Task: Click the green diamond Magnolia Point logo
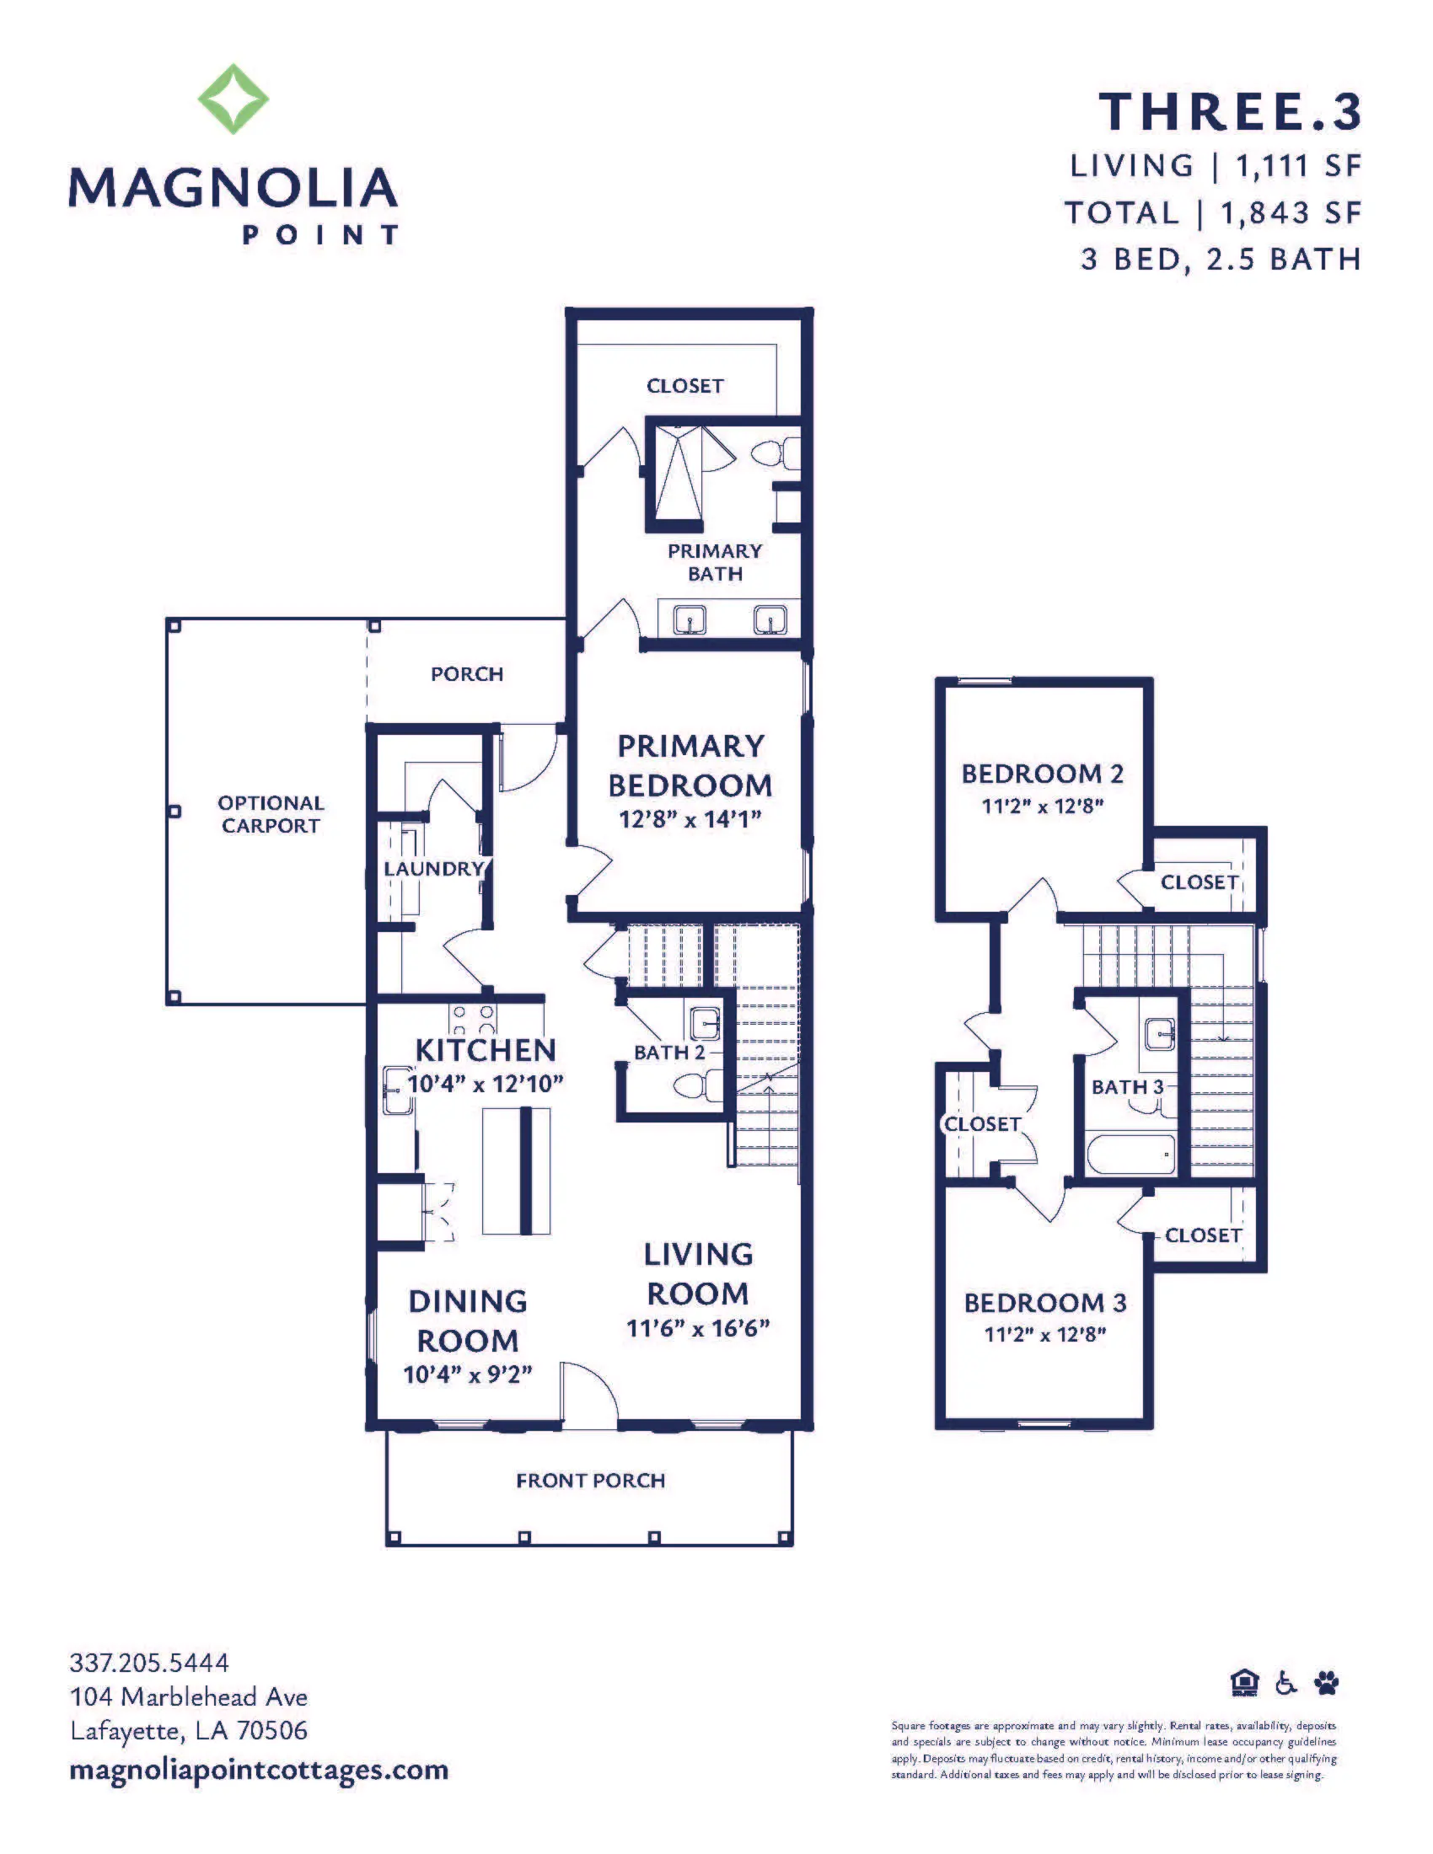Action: pyautogui.click(x=233, y=99)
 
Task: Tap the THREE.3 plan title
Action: pyautogui.click(x=1230, y=112)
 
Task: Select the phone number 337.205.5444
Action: pyautogui.click(x=149, y=1662)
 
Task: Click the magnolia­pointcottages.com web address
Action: pyautogui.click(x=259, y=1770)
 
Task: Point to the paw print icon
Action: pyautogui.click(x=1326, y=1682)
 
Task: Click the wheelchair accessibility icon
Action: pyautogui.click(x=1286, y=1682)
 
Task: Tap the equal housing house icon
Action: pyautogui.click(x=1244, y=1682)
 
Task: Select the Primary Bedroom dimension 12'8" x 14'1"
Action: pyautogui.click(x=690, y=819)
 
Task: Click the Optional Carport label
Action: pyautogui.click(x=271, y=814)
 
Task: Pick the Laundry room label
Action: pyautogui.click(x=433, y=868)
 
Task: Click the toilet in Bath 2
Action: pyautogui.click(x=701, y=1085)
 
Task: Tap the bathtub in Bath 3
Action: pyautogui.click(x=1130, y=1155)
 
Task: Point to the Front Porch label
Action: pyautogui.click(x=591, y=1481)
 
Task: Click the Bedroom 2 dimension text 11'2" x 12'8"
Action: pyautogui.click(x=1043, y=806)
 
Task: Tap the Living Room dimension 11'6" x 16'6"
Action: pyautogui.click(x=698, y=1328)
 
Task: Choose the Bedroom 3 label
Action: pyautogui.click(x=1045, y=1303)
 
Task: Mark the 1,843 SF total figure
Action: pyautogui.click(x=1291, y=212)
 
